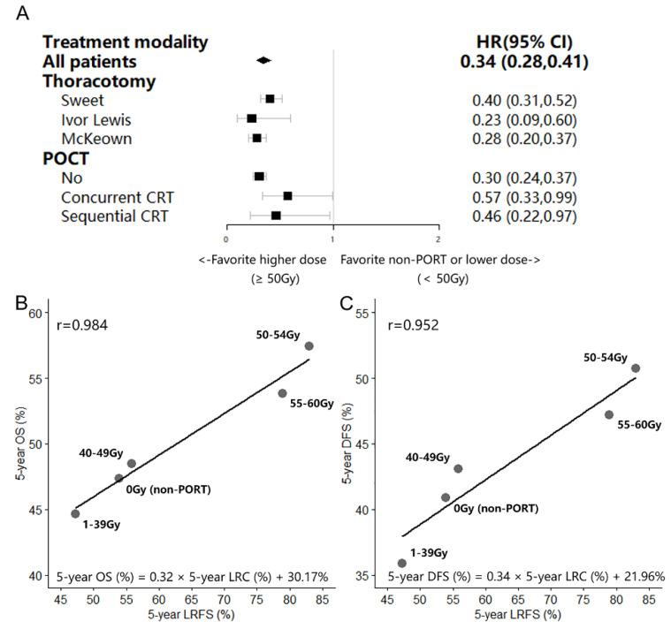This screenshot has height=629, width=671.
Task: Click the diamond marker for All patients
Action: [x=263, y=60]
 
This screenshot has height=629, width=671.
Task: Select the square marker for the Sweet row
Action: [x=270, y=99]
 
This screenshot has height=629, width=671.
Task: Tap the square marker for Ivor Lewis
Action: [x=252, y=118]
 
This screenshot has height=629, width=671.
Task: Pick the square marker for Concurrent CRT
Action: [x=287, y=195]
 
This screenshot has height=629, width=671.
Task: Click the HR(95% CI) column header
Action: [x=524, y=42]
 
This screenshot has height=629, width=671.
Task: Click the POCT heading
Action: [x=67, y=158]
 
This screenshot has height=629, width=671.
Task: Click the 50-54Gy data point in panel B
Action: [x=309, y=346]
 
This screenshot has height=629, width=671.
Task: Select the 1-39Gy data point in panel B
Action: [x=75, y=513]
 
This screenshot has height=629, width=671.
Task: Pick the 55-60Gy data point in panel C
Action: [x=609, y=414]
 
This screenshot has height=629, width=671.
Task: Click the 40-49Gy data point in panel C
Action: [x=458, y=468]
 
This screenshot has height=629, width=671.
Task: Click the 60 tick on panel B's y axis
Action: [x=35, y=313]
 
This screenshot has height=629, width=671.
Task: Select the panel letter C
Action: [x=347, y=303]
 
